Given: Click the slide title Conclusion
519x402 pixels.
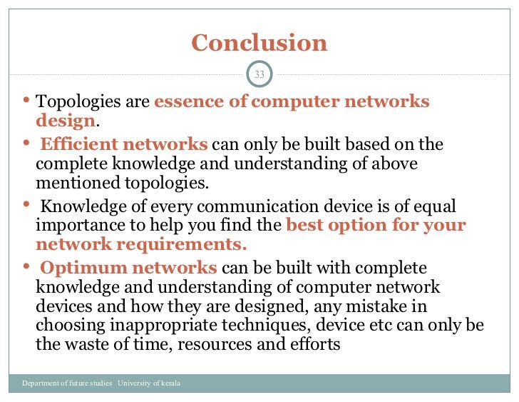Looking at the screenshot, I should (x=259, y=43).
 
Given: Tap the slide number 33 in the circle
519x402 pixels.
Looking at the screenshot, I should (x=259, y=75).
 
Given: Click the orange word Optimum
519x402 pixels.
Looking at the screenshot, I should (x=77, y=268).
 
